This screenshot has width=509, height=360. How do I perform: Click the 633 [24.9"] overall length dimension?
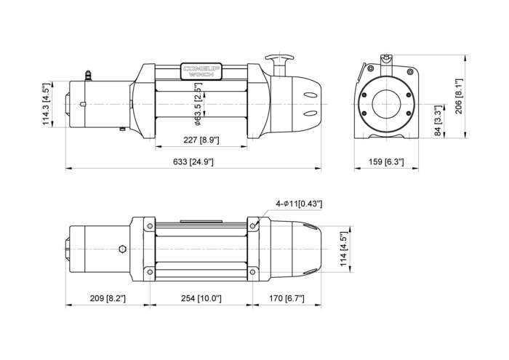(193, 161)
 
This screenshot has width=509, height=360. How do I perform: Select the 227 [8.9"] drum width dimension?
(201, 140)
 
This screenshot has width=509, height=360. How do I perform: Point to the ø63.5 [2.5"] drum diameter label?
(198, 104)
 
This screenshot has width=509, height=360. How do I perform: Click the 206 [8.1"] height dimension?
(458, 96)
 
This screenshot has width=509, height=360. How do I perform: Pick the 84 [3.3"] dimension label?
(438, 121)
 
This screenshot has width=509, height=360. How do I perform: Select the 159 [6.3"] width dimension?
(386, 161)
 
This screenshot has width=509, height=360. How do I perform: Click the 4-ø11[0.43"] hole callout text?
(299, 204)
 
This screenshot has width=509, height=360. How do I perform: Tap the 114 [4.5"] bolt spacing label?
(343, 249)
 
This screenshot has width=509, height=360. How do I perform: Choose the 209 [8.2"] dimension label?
(108, 298)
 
